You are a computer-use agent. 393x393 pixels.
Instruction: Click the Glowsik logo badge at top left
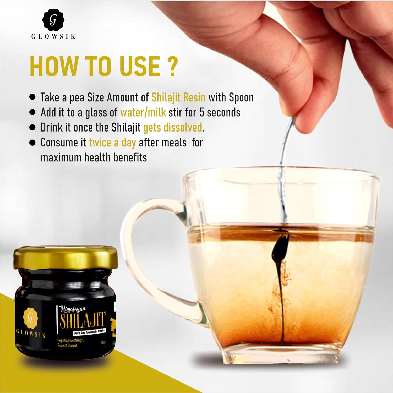pos(53,20)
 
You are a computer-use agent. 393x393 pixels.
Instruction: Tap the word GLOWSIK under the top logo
pos(53,36)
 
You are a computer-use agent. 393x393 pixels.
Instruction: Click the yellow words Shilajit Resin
pos(178,97)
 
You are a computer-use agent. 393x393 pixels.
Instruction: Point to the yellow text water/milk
pos(143,112)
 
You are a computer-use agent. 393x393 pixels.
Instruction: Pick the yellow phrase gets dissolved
pos(173,128)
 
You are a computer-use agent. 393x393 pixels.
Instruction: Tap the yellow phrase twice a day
pos(112,143)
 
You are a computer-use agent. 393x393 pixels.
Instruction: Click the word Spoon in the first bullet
pos(241,97)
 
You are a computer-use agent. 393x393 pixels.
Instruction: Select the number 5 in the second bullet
pos(202,112)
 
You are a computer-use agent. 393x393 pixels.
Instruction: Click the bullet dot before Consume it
pos(32,143)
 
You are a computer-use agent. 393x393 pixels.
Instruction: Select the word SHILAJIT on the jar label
pos(83,320)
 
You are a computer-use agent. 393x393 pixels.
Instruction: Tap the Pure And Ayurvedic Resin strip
pos(89,332)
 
